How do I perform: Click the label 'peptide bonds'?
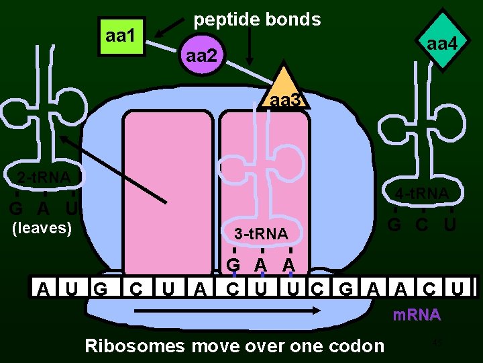257,19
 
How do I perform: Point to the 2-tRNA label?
43,177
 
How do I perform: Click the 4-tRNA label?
421,195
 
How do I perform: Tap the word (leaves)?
42,228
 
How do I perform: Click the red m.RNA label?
416,315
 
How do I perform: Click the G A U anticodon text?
42,208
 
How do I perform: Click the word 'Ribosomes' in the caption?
135,346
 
